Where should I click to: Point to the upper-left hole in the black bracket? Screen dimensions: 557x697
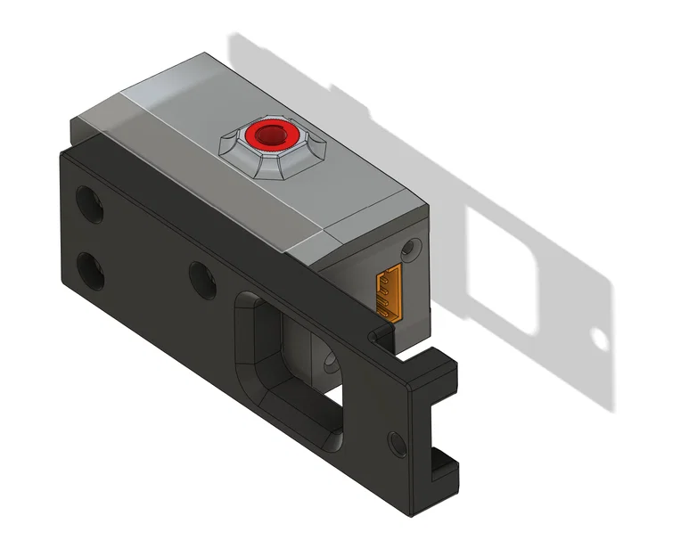[x=88, y=203]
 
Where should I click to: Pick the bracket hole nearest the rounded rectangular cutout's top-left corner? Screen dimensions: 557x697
[x=201, y=278]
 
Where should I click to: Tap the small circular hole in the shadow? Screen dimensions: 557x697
[x=600, y=340]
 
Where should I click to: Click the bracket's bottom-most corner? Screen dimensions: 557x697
[x=412, y=514]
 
